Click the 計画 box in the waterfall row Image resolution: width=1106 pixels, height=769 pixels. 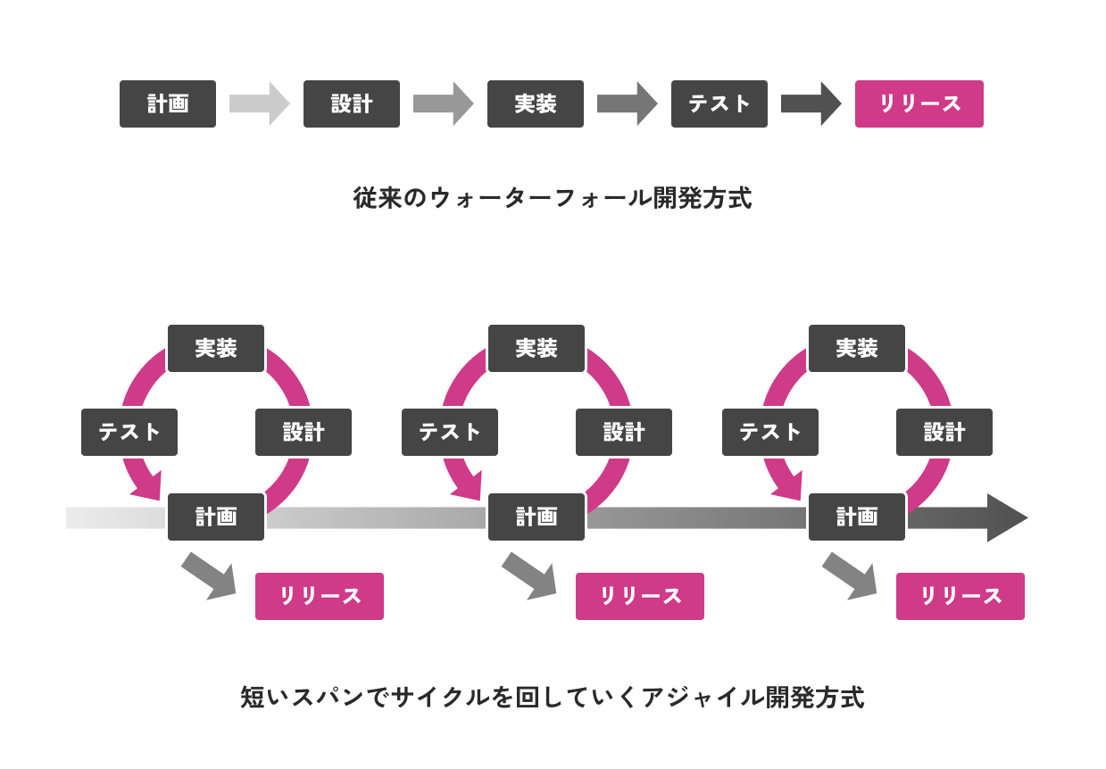(168, 104)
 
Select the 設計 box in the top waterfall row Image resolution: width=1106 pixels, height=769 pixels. (352, 104)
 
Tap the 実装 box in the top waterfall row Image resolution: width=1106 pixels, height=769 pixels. (536, 104)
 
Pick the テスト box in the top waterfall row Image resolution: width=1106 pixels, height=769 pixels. (719, 104)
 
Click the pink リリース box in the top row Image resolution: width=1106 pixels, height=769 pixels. (919, 104)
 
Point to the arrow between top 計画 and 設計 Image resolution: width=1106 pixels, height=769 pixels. (259, 103)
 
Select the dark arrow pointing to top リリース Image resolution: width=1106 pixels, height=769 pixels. (811, 103)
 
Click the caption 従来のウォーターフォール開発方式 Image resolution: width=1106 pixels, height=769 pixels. (553, 198)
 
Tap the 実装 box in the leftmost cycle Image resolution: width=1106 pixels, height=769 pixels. (216, 349)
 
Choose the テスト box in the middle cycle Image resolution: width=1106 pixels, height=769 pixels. (450, 433)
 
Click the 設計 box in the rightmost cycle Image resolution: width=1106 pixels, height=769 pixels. (944, 433)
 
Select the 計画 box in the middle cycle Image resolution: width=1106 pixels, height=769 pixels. (536, 517)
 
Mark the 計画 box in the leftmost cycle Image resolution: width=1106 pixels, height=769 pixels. (216, 517)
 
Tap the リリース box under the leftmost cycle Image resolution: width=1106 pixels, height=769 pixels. (320, 597)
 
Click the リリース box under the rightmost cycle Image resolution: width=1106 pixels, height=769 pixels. (960, 597)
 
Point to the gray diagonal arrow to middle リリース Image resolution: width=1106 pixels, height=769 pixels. (530, 576)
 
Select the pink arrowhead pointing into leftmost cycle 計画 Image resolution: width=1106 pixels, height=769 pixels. (148, 486)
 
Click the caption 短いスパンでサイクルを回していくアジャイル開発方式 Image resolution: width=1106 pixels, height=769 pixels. (553, 698)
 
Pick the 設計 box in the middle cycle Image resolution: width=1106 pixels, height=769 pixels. (624, 433)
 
